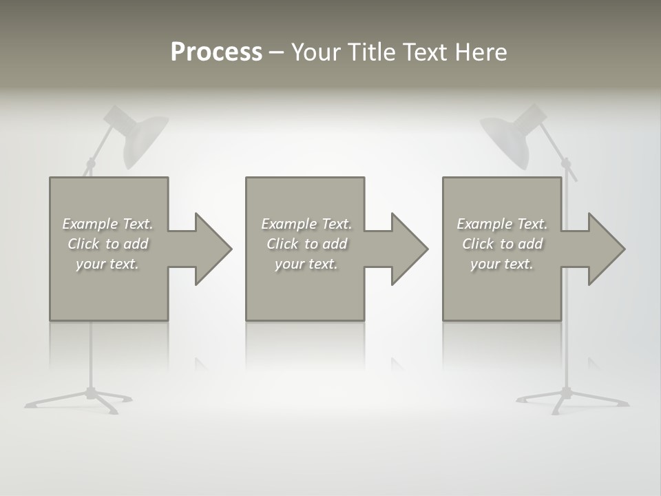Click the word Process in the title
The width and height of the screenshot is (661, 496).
tap(216, 52)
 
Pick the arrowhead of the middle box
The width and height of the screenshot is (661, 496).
tap(408, 249)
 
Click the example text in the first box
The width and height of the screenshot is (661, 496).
tap(108, 244)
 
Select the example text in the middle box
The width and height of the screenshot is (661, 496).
tap(306, 244)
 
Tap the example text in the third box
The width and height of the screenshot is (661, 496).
tap(502, 244)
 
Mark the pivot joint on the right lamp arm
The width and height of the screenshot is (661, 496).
tap(567, 164)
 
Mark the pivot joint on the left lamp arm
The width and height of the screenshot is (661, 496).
tap(90, 165)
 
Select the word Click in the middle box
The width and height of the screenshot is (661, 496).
tap(282, 244)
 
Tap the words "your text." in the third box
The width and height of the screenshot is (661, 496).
tap(502, 264)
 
